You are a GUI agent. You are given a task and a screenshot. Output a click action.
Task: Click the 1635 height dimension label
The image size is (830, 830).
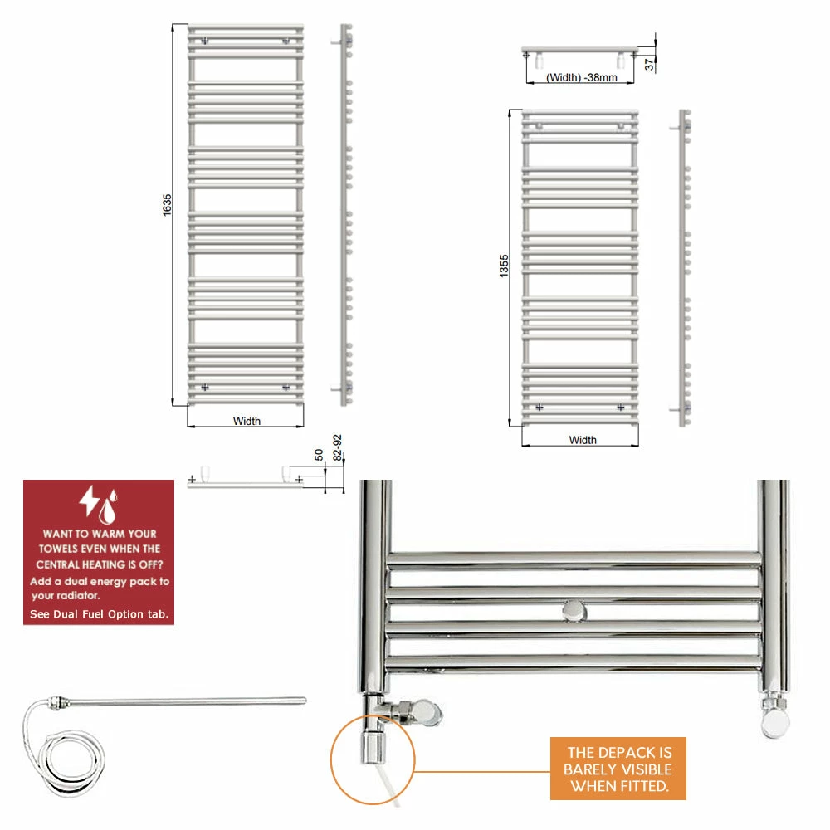167,205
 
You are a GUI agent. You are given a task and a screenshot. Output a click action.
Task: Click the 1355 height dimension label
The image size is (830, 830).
504,266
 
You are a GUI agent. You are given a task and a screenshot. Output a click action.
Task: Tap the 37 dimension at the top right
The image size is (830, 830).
649,65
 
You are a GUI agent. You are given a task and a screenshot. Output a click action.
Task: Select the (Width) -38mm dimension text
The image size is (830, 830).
582,77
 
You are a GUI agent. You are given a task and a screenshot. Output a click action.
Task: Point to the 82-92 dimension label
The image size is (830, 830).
337,448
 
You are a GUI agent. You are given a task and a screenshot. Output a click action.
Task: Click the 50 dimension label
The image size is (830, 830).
319,455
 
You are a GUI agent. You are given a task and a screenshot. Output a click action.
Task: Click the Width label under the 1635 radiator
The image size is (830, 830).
247,422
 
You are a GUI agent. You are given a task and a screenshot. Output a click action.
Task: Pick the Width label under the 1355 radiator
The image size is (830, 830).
583,440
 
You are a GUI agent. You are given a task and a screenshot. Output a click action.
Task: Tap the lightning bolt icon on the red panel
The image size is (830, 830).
89,500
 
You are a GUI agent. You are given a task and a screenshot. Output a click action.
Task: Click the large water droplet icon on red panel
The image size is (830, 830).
107,510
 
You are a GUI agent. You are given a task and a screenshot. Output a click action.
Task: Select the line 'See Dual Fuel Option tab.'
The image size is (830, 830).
100,614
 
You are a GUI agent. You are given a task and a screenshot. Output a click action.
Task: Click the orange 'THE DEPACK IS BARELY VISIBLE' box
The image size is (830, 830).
618,769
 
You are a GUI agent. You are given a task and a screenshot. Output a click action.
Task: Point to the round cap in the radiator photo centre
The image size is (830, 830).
574,612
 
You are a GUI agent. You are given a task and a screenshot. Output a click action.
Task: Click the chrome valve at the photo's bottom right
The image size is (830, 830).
774,715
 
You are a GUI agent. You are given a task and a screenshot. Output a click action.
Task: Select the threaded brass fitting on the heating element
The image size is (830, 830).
58,702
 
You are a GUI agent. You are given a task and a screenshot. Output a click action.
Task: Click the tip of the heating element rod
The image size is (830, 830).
305,701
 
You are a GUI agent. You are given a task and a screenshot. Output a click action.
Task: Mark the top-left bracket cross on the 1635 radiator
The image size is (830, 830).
205,41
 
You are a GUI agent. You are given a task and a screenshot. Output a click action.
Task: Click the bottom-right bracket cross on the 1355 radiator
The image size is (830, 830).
620,408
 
